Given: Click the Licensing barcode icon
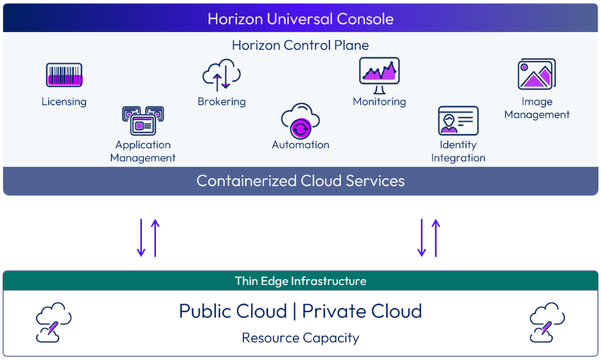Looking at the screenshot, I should click(x=64, y=76).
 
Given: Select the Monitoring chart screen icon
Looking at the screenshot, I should click(x=379, y=76).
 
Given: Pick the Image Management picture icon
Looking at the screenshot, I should click(x=537, y=75).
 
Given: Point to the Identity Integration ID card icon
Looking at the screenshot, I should click(x=458, y=121).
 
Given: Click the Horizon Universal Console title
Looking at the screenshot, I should click(x=300, y=19).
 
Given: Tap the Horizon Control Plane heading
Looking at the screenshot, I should click(x=300, y=46).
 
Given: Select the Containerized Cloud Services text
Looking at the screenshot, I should click(x=300, y=181).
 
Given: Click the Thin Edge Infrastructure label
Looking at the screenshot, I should click(x=300, y=281).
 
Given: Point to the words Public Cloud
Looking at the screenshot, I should click(x=232, y=311).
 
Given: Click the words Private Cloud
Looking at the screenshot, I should click(x=362, y=311).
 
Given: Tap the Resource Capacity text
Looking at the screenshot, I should click(x=300, y=338).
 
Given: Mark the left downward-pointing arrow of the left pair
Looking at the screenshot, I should click(x=141, y=238).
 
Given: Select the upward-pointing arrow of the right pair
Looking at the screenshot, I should click(x=436, y=238).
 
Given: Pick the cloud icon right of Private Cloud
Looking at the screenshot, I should click(x=547, y=322).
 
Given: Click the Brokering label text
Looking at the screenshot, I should click(x=222, y=101).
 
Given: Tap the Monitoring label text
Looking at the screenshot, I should click(x=379, y=101).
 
